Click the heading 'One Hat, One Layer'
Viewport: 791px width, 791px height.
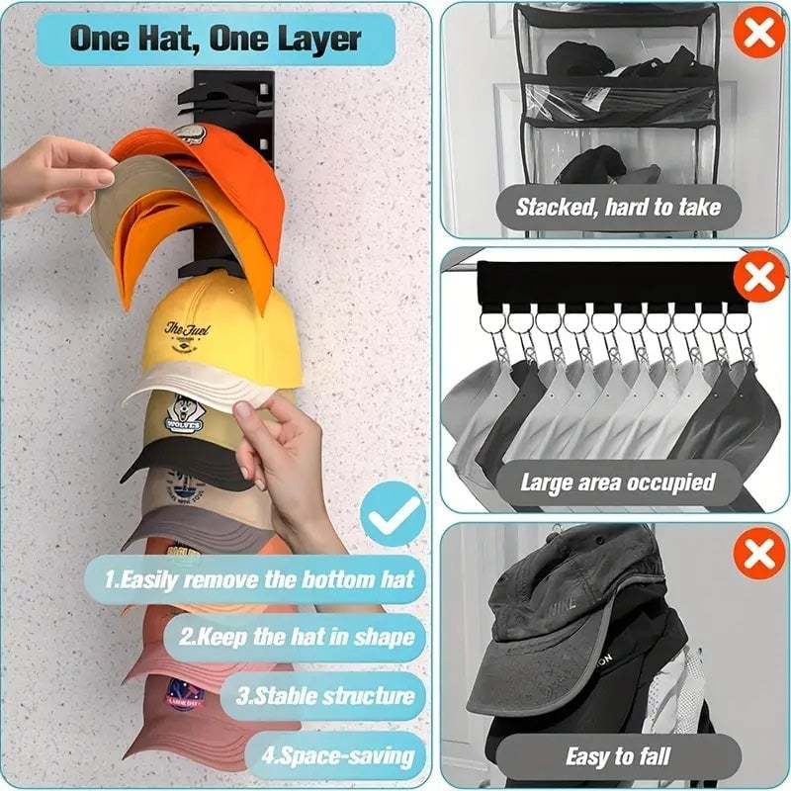point(216,41)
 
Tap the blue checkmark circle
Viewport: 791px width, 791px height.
point(392,514)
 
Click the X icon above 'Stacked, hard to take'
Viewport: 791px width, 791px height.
point(758,33)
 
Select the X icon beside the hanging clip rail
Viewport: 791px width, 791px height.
point(758,278)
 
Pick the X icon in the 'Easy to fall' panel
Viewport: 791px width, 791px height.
point(758,554)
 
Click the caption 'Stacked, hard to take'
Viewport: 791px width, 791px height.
point(618,208)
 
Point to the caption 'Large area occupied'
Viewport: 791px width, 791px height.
point(618,483)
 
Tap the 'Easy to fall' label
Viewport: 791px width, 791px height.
point(618,757)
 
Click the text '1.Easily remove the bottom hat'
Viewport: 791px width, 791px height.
point(259,579)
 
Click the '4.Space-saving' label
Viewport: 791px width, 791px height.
point(336,756)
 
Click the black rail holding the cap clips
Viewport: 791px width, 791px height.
point(603,283)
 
